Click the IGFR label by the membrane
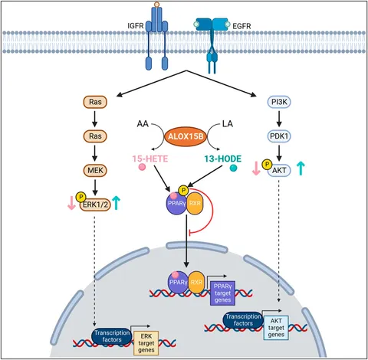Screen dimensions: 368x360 tap(136, 26)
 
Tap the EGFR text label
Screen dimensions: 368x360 tap(242, 26)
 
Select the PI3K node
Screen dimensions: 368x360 tap(279, 102)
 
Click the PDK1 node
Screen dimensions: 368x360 tap(279, 136)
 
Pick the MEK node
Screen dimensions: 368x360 tap(95, 170)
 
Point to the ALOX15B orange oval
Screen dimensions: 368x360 tap(186, 136)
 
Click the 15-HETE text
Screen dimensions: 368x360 tap(150, 159)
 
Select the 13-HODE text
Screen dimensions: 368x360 tap(222, 159)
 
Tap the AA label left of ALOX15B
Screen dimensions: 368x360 tap(143, 124)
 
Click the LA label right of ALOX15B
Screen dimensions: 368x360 tap(228, 124)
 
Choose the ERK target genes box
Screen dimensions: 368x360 tap(146, 343)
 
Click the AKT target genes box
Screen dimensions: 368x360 tap(276, 328)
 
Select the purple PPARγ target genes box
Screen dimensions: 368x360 tap(222, 293)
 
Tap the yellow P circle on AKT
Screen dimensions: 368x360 tap(268, 165)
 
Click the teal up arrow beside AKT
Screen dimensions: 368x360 tap(301, 169)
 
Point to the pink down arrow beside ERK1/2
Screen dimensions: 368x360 tap(71, 203)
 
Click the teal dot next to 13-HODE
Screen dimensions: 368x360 tap(233, 168)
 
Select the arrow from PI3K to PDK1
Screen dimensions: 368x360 tap(279, 119)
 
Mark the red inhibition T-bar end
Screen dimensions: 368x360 tap(189, 233)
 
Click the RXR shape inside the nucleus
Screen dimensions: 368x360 tap(196, 282)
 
